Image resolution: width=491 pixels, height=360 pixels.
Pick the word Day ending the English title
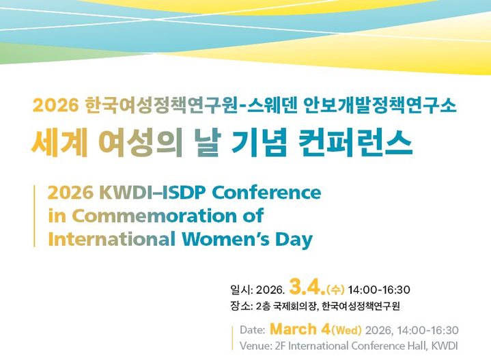(294, 240)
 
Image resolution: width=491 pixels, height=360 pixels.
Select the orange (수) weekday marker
(337, 290)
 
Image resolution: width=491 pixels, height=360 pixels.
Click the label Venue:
(257, 346)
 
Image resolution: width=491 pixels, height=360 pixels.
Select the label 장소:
(242, 306)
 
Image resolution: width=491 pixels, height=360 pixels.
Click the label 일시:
(242, 290)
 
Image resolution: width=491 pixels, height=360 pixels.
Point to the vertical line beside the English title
(35, 216)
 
